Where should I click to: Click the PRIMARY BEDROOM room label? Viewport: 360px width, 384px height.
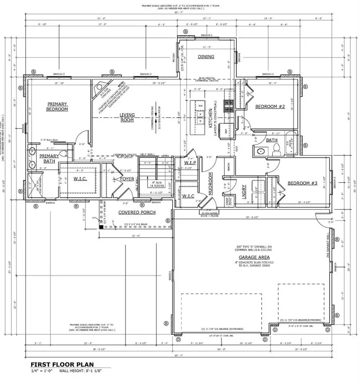pos(57,106)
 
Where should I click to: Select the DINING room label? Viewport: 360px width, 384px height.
pos(206,57)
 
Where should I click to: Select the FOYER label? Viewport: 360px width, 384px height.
pos(128,179)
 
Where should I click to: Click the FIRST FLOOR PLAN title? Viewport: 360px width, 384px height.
pos(62,365)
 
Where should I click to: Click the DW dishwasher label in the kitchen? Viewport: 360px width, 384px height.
pos(200,106)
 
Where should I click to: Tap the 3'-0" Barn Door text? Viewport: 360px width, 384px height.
pos(50,140)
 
